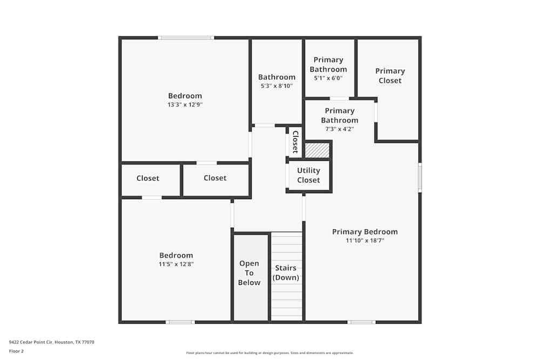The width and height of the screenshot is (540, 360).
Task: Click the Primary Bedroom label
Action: [x=364, y=232]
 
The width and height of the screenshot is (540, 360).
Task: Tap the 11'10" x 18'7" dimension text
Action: [x=364, y=241]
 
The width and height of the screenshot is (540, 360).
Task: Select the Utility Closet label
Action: [x=308, y=175]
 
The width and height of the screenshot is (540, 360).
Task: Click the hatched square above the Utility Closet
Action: [x=317, y=150]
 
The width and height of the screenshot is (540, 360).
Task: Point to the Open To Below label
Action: [x=249, y=273]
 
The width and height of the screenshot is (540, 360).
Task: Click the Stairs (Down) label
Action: [x=286, y=273]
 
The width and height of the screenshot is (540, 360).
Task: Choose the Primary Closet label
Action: [x=390, y=76]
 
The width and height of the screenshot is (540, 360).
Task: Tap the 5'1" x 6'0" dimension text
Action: [x=328, y=78]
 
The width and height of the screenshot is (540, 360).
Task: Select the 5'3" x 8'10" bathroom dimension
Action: [x=276, y=86]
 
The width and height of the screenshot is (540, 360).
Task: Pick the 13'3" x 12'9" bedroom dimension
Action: [x=185, y=105]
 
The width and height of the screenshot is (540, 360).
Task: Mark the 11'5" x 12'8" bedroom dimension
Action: [x=176, y=264]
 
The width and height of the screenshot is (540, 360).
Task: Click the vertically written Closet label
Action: [x=295, y=142]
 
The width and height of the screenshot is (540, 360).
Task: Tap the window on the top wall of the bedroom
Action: [x=186, y=38]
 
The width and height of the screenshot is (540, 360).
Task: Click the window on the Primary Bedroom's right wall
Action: [x=420, y=178]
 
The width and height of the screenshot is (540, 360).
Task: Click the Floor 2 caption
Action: [x=16, y=351]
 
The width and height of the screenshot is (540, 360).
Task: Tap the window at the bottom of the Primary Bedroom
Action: [x=361, y=322]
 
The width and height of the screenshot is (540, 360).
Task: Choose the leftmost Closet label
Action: [x=147, y=178]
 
